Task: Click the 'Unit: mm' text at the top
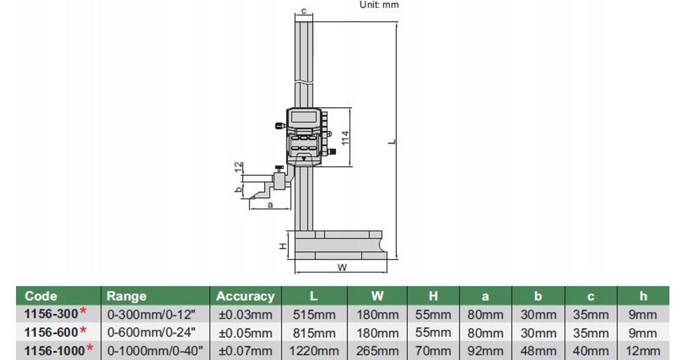pyautogui.click(x=379, y=5)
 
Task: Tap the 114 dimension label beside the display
pyautogui.click(x=345, y=137)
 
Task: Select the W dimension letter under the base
pyautogui.click(x=342, y=266)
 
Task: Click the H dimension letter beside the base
pyautogui.click(x=282, y=245)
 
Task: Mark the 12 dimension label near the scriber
pyautogui.click(x=239, y=167)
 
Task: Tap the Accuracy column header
pyautogui.click(x=245, y=296)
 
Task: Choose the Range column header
pyautogui.click(x=126, y=296)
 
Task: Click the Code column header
pyautogui.click(x=41, y=296)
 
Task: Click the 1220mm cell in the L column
pyautogui.click(x=316, y=351)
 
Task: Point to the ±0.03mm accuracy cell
pyautogui.click(x=246, y=314)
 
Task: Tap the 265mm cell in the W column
pyautogui.click(x=377, y=351)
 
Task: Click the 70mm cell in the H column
pyautogui.click(x=433, y=351)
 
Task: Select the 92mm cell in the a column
pyautogui.click(x=485, y=351)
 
